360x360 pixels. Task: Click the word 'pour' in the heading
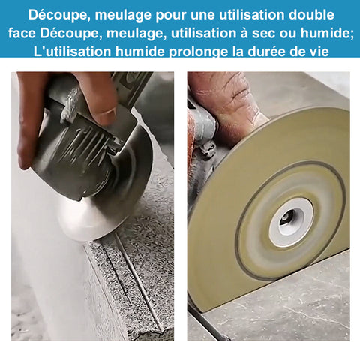click(171, 15)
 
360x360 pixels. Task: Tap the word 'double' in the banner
click(311, 15)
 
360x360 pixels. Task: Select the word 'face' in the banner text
click(22, 33)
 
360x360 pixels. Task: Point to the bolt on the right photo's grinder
click(207, 149)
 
